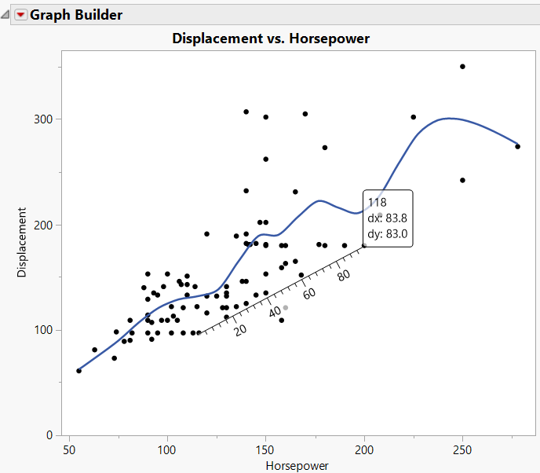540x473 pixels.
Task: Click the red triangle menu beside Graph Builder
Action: pos(21,15)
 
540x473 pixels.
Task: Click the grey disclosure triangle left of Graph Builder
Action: pos(7,15)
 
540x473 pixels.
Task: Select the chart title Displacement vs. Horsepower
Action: pos(270,38)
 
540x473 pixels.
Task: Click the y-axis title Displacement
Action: pos(22,242)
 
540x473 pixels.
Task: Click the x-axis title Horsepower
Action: pos(298,465)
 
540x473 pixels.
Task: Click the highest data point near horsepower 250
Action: pos(463,67)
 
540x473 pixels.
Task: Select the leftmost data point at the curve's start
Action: pos(78,370)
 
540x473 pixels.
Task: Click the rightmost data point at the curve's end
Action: pos(518,146)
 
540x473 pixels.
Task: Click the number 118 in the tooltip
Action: pos(377,203)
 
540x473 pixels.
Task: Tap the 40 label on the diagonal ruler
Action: pos(275,313)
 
